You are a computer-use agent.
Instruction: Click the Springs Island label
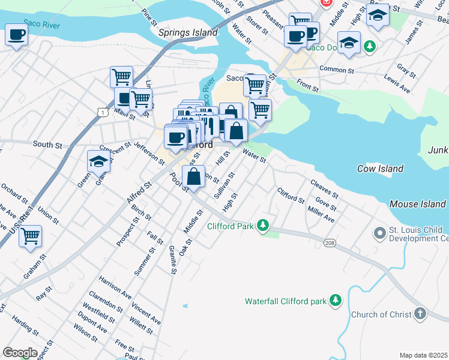[x=188, y=32]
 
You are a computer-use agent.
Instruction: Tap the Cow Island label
[x=381, y=169]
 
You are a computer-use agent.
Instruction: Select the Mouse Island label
[x=417, y=204]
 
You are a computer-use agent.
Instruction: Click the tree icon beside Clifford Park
[x=262, y=226]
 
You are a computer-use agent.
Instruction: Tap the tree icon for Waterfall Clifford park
[x=336, y=300]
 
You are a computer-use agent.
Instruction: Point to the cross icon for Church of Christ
[x=420, y=314]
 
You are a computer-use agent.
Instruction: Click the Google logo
[x=20, y=353]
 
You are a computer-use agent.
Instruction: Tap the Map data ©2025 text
[x=423, y=355]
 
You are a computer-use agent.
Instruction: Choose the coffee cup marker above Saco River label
[x=16, y=34]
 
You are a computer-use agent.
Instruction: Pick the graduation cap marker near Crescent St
[x=98, y=160]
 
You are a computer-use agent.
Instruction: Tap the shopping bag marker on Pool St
[x=194, y=176]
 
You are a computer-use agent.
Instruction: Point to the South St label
[x=47, y=145]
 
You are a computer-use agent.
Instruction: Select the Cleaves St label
[x=324, y=188]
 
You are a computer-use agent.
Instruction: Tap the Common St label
[x=337, y=70]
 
